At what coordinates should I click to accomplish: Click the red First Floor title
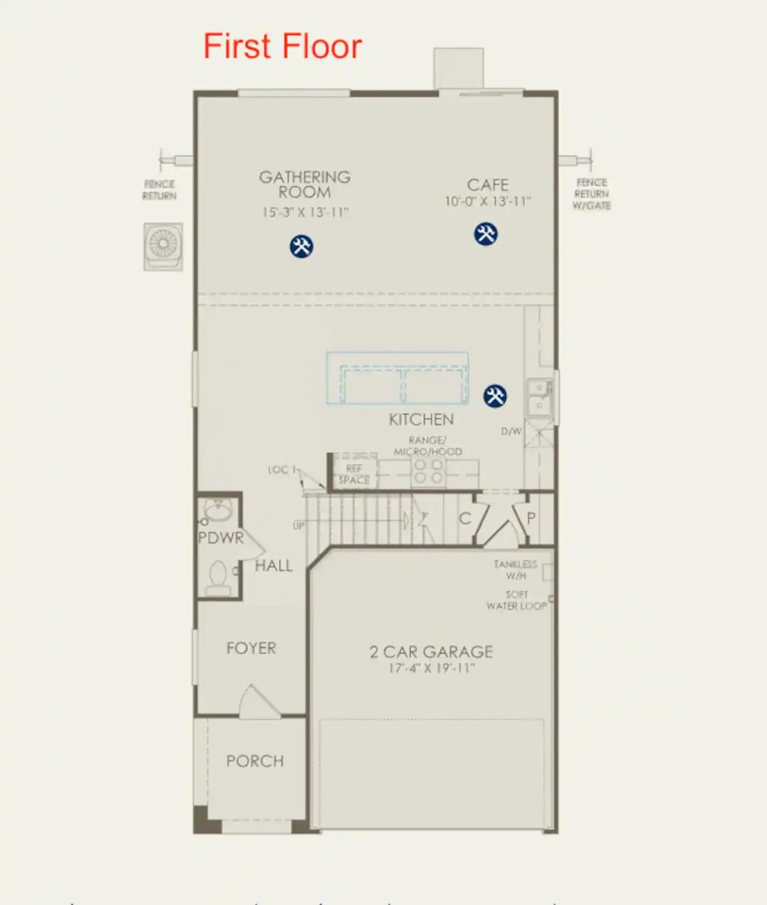[x=282, y=47]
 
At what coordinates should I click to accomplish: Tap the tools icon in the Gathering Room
[x=301, y=246]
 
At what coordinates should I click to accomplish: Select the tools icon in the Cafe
[x=486, y=234]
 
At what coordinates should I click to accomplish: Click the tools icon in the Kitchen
[x=495, y=396]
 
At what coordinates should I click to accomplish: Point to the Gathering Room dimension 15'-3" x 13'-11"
[x=305, y=212]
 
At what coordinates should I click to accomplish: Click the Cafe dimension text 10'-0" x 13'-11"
[x=487, y=202]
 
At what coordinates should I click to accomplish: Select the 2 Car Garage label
[x=431, y=651]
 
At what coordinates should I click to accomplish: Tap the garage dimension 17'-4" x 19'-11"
[x=431, y=668]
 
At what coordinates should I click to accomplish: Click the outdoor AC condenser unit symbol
[x=163, y=246]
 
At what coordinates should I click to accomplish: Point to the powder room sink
[x=217, y=509]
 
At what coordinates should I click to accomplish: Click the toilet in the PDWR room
[x=218, y=578]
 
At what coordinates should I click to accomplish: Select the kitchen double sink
[x=538, y=396]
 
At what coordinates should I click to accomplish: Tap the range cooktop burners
[x=428, y=472]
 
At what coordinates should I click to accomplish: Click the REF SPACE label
[x=354, y=475]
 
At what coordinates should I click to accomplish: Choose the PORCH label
[x=254, y=761]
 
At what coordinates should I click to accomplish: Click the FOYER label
[x=251, y=648]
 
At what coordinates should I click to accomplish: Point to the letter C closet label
[x=464, y=519]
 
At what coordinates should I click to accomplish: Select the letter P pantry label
[x=531, y=518]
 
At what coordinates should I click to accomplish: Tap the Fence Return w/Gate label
[x=591, y=194]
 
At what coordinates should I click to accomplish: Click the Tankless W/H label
[x=516, y=570]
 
